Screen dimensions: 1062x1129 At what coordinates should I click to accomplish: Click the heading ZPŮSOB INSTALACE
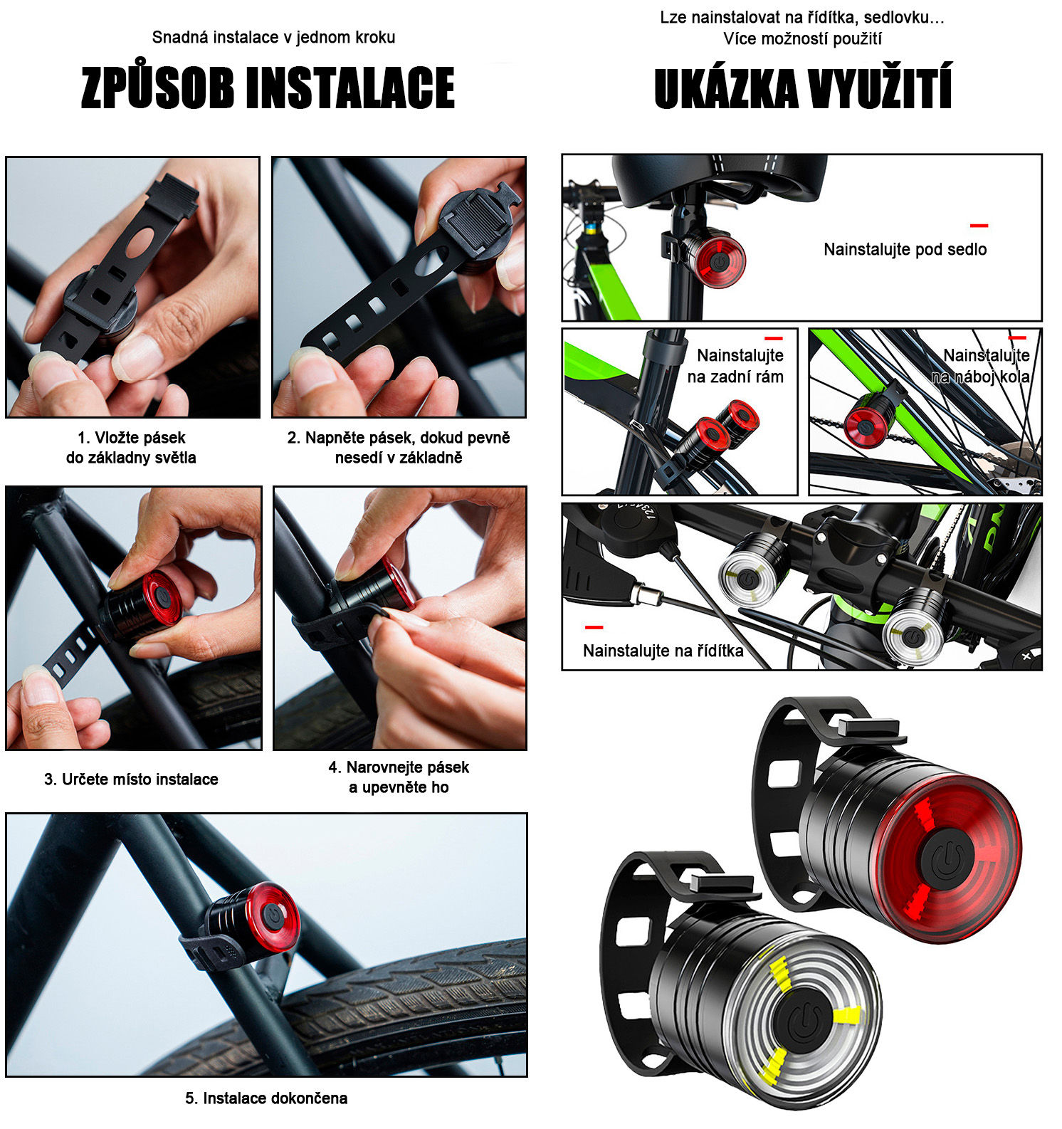[x=268, y=88]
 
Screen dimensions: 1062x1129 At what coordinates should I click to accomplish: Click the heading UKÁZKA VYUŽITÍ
[x=803, y=89]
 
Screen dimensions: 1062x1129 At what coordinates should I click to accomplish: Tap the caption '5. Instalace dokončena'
[x=266, y=1098]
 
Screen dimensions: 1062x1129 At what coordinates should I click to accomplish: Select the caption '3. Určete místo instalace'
[x=131, y=779]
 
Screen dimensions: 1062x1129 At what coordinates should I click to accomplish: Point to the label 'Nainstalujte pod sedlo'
[x=905, y=249]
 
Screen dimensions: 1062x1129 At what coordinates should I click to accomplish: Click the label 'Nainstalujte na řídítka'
[x=663, y=651]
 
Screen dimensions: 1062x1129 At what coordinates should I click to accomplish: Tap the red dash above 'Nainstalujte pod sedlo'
[x=979, y=226]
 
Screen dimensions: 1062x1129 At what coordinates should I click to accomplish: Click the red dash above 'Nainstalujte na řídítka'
[x=594, y=627]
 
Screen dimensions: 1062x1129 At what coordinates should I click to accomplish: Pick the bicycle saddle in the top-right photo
[x=720, y=177]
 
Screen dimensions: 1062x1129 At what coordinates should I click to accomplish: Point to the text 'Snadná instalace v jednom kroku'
[x=273, y=37]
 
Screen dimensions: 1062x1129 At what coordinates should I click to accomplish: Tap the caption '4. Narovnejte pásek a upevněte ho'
[x=399, y=777]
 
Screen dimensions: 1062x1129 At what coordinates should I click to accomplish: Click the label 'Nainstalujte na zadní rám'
[x=735, y=366]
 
